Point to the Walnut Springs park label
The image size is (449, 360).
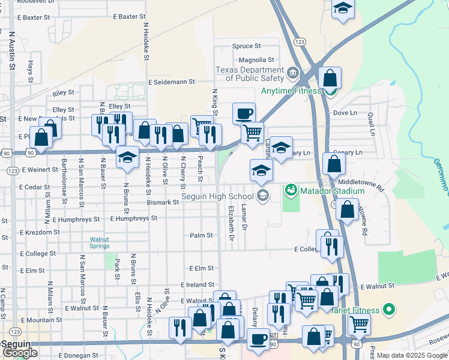coord(95,242)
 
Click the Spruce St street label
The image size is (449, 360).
coord(247,46)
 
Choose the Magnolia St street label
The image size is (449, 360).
coord(256,60)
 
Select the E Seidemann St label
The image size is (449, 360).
coord(172,82)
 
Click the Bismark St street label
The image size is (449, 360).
coord(163,203)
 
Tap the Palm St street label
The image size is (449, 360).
coord(202,236)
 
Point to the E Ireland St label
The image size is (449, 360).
coord(197,284)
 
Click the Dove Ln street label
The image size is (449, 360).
coord(345,113)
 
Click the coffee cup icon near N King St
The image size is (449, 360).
coord(244,113)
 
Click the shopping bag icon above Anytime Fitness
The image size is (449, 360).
coord(330,77)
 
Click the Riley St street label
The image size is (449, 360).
coord(63,93)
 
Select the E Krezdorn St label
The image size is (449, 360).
coord(38,232)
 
